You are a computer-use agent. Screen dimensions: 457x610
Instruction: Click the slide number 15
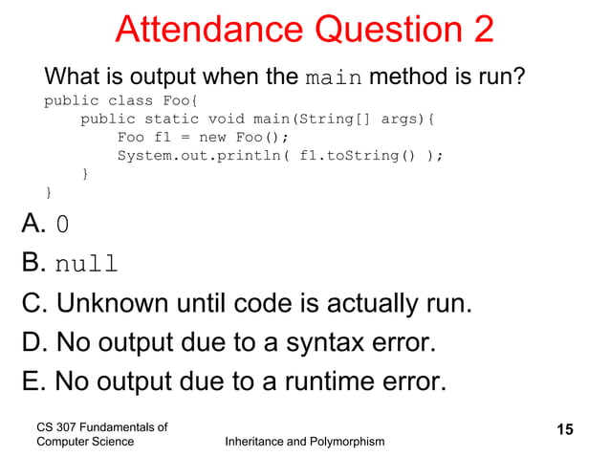click(565, 430)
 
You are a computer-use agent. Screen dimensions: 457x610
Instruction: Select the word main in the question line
click(334, 76)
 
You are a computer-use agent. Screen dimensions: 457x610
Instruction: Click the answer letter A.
click(33, 224)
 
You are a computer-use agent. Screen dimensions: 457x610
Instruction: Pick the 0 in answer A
click(62, 225)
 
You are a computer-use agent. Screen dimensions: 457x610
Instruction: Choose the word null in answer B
click(86, 264)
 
